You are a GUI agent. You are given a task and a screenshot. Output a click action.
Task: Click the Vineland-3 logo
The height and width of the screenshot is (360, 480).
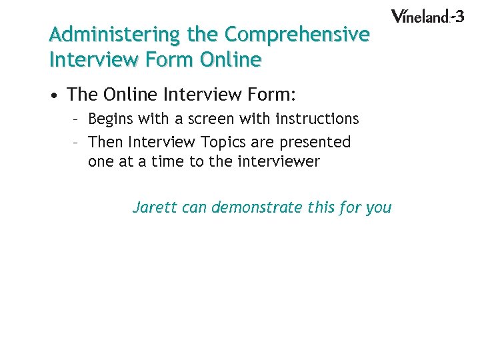pyautogui.click(x=427, y=16)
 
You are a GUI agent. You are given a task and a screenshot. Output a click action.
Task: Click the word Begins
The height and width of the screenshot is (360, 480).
pyautogui.click(x=111, y=119)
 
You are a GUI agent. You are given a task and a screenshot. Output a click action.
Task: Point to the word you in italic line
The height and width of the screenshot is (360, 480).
pyautogui.click(x=379, y=207)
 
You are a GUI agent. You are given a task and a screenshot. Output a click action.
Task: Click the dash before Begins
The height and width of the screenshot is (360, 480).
pyautogui.click(x=76, y=119)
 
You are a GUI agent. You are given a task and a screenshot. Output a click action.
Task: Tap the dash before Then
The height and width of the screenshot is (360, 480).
pyautogui.click(x=76, y=142)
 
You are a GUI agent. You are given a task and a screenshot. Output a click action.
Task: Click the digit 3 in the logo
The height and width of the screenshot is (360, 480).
pyautogui.click(x=459, y=15)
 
